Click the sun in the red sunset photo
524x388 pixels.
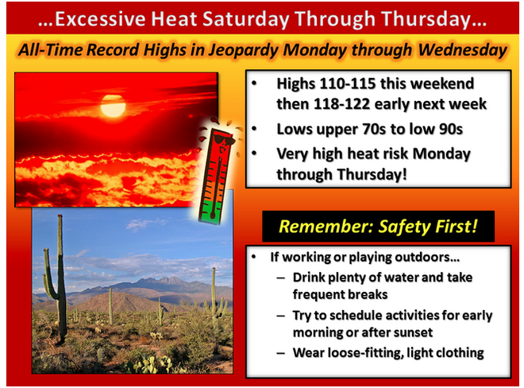113,106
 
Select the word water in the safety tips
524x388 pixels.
388,277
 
